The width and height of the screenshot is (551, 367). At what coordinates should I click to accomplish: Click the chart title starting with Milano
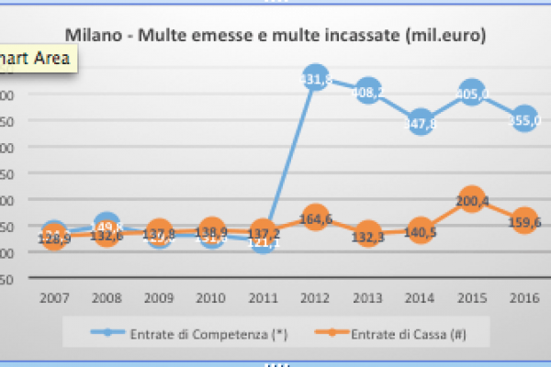[x=275, y=35]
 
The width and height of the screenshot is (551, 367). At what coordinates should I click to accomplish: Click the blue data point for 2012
[x=316, y=81]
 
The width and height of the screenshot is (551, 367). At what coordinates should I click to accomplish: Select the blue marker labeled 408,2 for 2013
[x=368, y=92]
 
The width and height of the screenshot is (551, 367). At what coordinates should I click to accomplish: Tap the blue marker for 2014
[x=421, y=122]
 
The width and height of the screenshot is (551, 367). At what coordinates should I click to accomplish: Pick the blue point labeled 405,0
[x=472, y=93]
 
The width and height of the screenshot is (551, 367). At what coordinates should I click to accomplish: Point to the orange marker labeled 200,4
[x=472, y=201]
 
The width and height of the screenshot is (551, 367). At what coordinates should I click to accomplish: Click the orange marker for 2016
[x=524, y=221]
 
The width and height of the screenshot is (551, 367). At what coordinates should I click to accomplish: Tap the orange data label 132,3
[x=368, y=238]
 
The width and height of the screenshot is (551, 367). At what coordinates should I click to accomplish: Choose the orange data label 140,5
[x=421, y=233]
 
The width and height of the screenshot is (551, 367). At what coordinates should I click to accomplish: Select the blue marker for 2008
[x=107, y=226]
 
